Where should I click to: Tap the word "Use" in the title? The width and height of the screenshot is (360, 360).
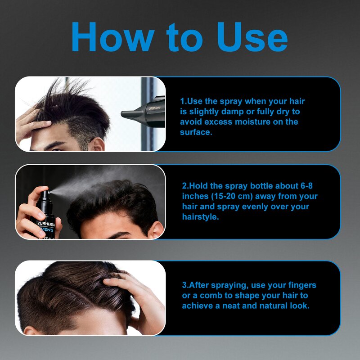coord(252,37)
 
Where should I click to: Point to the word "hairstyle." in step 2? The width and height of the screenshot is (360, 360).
coord(200,217)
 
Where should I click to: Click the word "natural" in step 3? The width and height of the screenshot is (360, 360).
coord(263,306)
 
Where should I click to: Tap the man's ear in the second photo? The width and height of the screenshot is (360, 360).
coord(156,229)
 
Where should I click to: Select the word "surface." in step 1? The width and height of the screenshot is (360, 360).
coord(196,132)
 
